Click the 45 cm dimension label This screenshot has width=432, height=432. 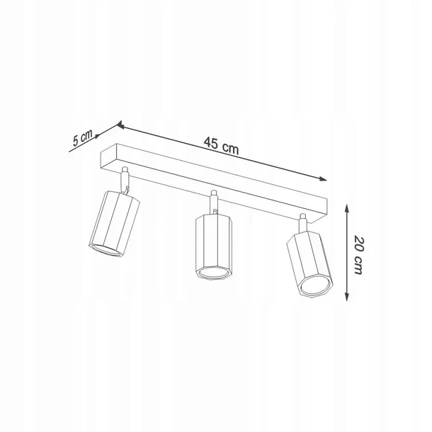click(221, 145)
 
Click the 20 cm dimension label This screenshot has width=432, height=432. click(358, 254)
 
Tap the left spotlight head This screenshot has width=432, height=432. click(114, 224)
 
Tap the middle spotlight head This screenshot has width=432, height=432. click(214, 246)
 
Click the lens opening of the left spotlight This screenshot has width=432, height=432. click(106, 249)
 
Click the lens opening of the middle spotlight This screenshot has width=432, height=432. click(214, 273)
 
